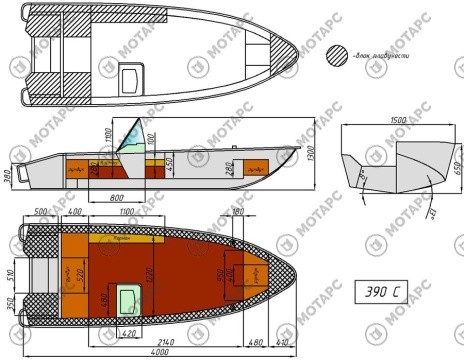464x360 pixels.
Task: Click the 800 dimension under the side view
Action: pyautogui.click(x=118, y=196)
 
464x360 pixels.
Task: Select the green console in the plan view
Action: pyautogui.click(x=127, y=298)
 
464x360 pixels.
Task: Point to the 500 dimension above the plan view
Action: pyautogui.click(x=41, y=213)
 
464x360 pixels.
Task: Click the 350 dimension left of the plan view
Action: pyautogui.click(x=10, y=304)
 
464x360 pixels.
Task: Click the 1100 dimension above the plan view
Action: pyautogui.click(x=127, y=213)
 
